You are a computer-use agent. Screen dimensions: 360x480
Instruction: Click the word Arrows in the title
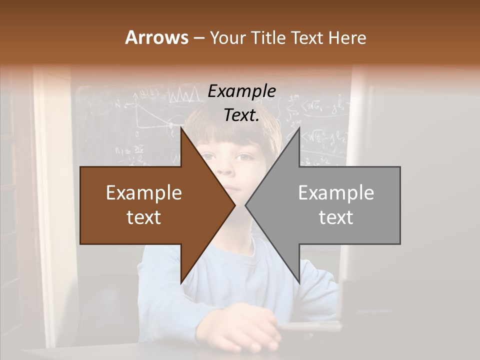click(157, 37)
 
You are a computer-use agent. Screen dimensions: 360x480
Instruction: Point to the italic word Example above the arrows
click(241, 91)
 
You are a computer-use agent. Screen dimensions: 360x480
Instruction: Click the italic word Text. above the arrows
click(241, 115)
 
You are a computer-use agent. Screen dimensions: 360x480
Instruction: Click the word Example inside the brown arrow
click(144, 192)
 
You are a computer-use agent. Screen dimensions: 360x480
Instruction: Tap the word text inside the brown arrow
click(144, 217)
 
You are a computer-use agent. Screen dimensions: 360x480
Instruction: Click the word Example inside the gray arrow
click(336, 192)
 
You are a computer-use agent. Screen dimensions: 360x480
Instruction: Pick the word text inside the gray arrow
click(336, 217)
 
